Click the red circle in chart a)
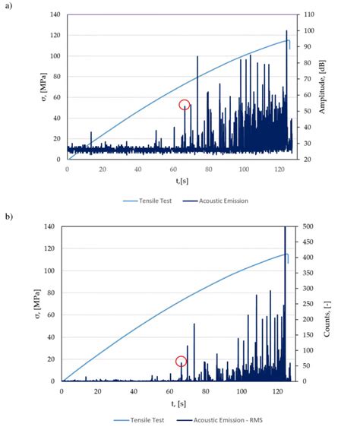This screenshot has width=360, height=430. (x=185, y=105)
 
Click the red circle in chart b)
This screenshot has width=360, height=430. (x=182, y=362)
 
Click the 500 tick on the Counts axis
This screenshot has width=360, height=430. (x=308, y=226)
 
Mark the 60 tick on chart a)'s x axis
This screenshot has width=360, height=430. (x=172, y=169)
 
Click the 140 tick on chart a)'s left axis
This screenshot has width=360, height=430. (x=54, y=15)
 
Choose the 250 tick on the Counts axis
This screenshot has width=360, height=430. (x=308, y=304)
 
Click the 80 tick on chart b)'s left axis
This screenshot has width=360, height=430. (x=52, y=292)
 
